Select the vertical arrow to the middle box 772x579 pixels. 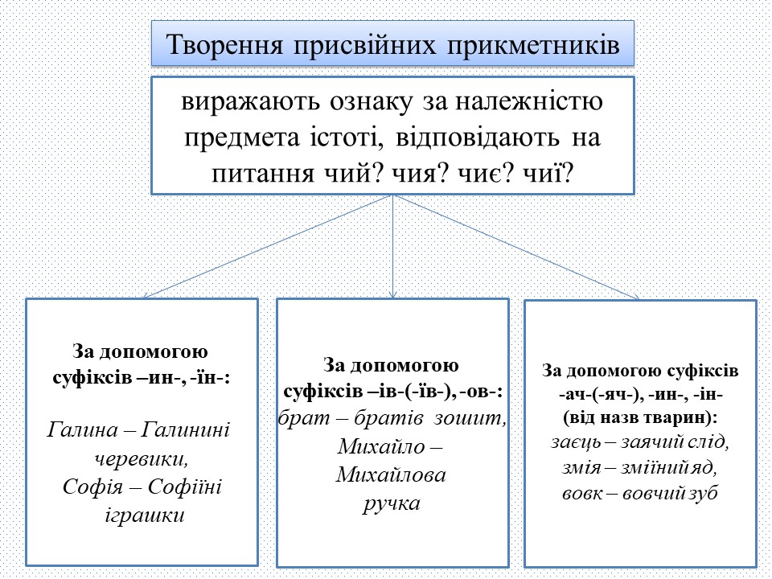pos(392,249)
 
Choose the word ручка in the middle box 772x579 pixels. pos(392,503)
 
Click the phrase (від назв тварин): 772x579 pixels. pos(640,419)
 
